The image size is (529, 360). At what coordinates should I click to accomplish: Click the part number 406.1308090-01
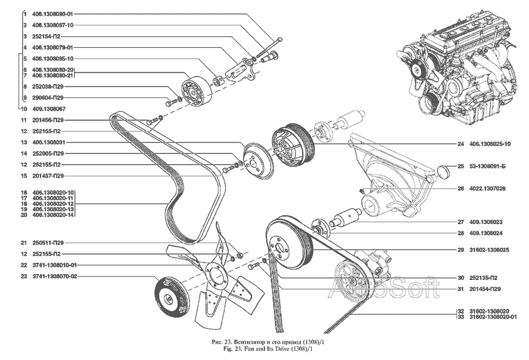pos(53,13)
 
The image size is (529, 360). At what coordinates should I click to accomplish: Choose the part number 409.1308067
pos(49,108)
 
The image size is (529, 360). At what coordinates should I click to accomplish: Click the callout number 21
pos(24,242)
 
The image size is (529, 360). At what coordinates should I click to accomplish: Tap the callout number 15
pos(24,175)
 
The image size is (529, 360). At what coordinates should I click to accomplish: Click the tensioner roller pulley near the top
pos(192,91)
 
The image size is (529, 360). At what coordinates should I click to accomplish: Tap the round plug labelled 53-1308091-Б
pos(446,172)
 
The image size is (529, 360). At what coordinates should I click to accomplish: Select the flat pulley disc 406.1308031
pos(256,158)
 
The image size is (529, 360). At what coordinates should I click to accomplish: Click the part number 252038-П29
pos(48,86)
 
